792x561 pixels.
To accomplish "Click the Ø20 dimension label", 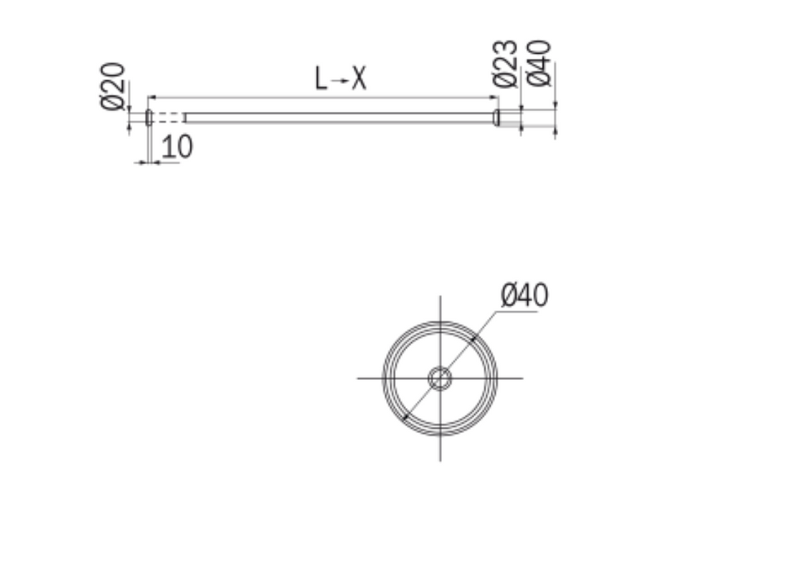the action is (113, 86).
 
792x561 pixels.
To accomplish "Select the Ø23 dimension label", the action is (505, 63).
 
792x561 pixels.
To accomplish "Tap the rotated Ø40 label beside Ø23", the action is (538, 63).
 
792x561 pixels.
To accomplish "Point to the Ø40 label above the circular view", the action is (525, 295).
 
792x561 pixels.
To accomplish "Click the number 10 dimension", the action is (177, 147).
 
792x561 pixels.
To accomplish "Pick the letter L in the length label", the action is (321, 79).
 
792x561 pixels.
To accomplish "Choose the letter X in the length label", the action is (359, 79).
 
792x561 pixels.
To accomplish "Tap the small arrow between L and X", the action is (339, 80).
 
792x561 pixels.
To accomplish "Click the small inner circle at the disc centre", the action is (440, 378).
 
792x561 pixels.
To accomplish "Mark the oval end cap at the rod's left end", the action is (149, 117).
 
